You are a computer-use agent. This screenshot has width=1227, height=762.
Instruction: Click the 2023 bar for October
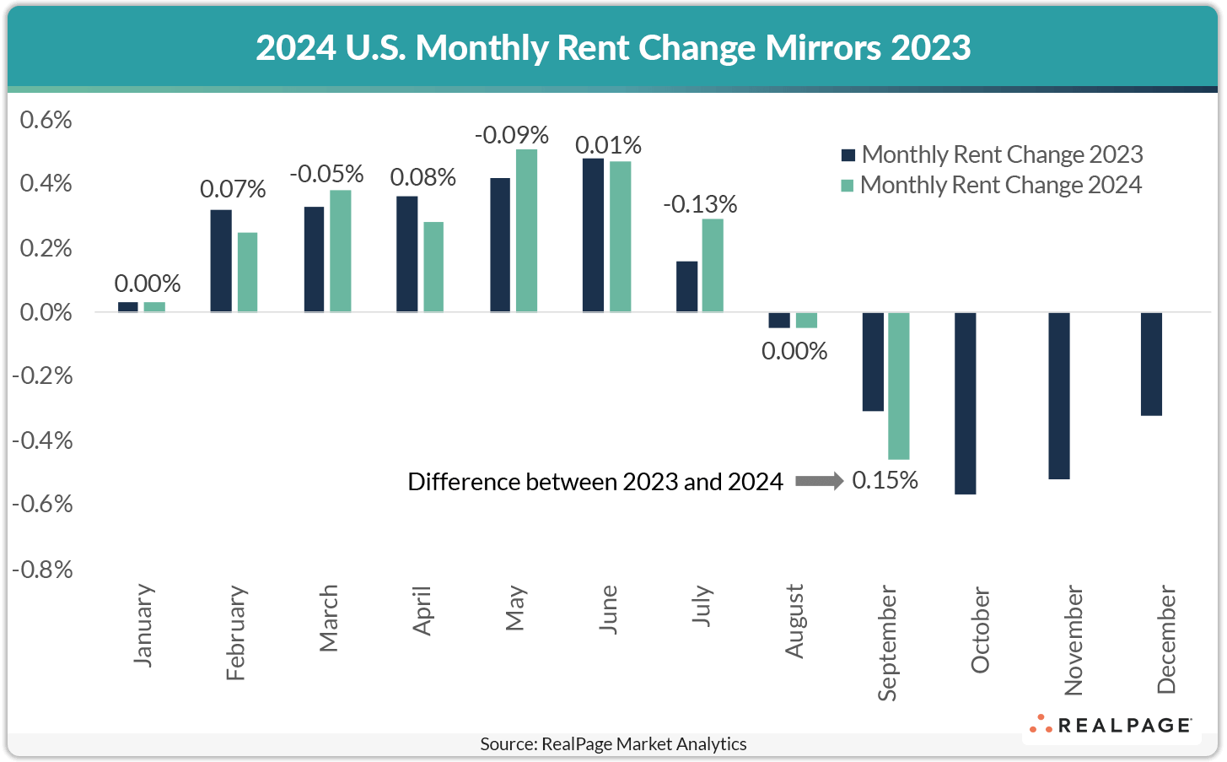(x=966, y=403)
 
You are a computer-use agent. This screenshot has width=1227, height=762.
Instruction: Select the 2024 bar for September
(x=899, y=386)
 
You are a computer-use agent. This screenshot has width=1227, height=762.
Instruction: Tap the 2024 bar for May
(x=526, y=230)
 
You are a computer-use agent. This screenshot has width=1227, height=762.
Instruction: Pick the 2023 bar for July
(x=687, y=287)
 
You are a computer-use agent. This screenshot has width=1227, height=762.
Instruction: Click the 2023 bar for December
(x=1151, y=364)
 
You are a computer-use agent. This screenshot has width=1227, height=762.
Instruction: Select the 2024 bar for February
(x=247, y=272)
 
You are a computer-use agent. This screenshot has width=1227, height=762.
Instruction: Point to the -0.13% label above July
(x=700, y=204)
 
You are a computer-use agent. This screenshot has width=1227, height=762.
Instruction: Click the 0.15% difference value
(x=885, y=481)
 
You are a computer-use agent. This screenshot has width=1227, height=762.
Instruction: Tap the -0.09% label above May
(x=512, y=135)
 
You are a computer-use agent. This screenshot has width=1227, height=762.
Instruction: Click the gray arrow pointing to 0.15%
(x=818, y=481)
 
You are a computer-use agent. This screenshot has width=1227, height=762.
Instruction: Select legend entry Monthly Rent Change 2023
(x=992, y=154)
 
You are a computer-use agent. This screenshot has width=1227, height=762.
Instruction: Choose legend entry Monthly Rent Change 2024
(x=992, y=185)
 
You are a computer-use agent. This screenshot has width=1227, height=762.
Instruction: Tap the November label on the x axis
(x=1073, y=640)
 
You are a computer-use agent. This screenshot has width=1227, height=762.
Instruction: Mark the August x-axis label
(x=794, y=621)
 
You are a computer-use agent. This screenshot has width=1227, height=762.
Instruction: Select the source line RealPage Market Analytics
(x=613, y=744)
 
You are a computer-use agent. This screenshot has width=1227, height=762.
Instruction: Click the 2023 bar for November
(x=1058, y=396)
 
